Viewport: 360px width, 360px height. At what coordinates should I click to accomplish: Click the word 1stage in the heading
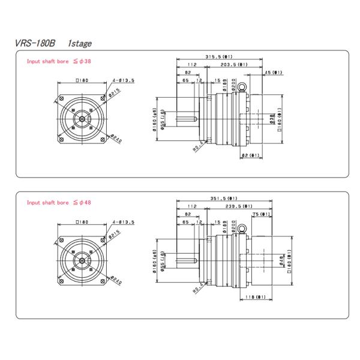click(80, 43)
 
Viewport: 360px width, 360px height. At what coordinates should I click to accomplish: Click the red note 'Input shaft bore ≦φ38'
click(59, 61)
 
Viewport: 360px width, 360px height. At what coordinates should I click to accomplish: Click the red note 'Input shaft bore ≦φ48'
click(59, 203)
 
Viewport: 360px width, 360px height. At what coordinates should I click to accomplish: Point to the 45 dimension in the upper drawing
click(274, 72)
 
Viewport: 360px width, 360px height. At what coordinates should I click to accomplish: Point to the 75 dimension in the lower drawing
click(260, 214)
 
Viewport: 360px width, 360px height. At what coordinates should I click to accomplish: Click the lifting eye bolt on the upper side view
click(242, 88)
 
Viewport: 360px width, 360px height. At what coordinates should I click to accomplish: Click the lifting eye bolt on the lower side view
click(242, 229)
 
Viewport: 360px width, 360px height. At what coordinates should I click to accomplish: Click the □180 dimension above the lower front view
click(83, 221)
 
